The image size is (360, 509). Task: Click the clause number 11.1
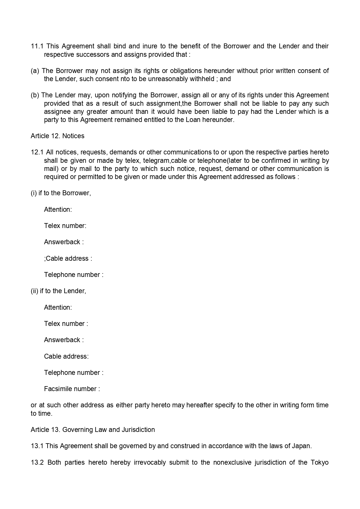tap(37, 46)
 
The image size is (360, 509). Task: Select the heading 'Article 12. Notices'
tap(57, 136)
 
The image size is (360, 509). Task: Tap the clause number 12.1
tap(37, 152)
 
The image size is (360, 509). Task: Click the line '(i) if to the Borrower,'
tap(61, 193)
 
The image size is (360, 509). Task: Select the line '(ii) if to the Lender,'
tap(58, 291)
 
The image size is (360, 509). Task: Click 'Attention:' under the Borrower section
tap(58, 210)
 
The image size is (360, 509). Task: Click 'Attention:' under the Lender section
tap(58, 308)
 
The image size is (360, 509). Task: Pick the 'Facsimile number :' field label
tap(72, 389)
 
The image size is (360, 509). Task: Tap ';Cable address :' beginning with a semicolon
tap(68, 259)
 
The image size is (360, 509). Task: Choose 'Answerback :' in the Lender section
tap(64, 340)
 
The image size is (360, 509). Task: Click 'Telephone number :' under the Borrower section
tap(74, 275)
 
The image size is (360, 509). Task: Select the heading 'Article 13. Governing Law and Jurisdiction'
tap(93, 430)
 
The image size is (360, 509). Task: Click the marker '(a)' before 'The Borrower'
tap(35, 71)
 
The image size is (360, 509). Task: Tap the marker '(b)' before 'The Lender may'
tap(35, 95)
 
